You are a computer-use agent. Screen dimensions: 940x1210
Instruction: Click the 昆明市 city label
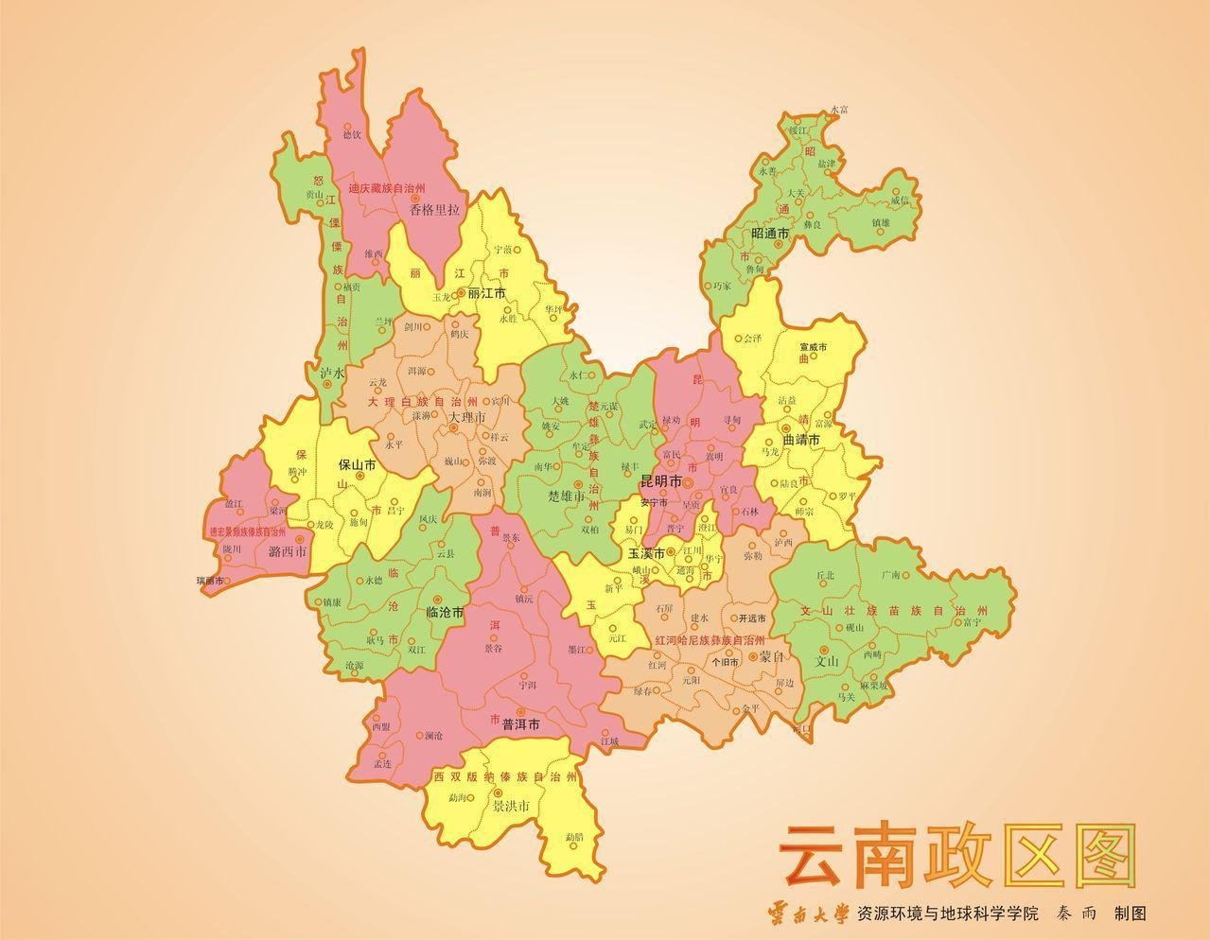point(660,481)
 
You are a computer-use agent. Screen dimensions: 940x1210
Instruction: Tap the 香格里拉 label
point(434,210)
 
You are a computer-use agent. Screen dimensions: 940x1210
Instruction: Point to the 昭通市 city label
point(769,233)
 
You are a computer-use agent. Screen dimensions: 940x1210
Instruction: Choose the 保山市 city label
point(358,465)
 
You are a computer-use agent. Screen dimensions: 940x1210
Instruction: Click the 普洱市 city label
point(520,724)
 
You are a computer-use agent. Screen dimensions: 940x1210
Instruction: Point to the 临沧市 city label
point(445,613)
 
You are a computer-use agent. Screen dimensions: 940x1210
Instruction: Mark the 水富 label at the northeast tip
point(839,111)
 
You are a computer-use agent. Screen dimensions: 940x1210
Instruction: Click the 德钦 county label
point(351,135)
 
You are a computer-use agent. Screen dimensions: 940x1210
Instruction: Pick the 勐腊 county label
point(574,838)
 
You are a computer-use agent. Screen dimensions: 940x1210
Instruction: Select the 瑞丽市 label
point(209,581)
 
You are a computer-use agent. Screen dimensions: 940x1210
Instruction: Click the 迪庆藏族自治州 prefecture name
point(386,189)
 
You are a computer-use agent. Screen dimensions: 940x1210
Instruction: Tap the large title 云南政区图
point(956,854)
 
